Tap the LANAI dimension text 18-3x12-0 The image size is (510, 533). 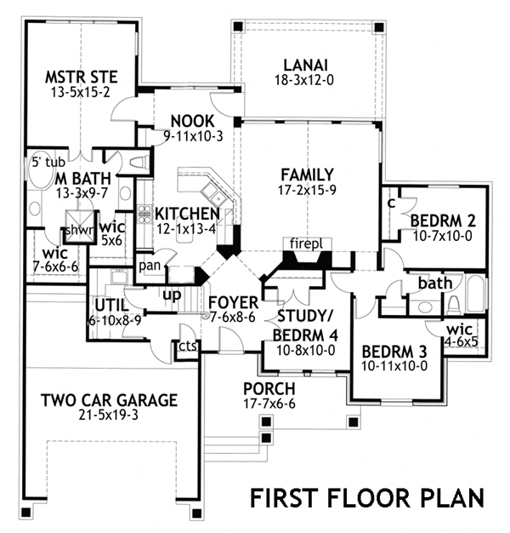pyautogui.click(x=305, y=83)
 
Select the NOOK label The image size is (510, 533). pyautogui.click(x=191, y=120)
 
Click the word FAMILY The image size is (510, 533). pyautogui.click(x=307, y=175)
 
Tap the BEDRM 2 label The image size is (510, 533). pyautogui.click(x=442, y=221)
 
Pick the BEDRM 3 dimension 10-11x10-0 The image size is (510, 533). pyautogui.click(x=394, y=367)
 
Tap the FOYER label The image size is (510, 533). pyautogui.click(x=231, y=301)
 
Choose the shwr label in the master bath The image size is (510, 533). pyautogui.click(x=78, y=231)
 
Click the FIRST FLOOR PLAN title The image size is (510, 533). pyautogui.click(x=366, y=496)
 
